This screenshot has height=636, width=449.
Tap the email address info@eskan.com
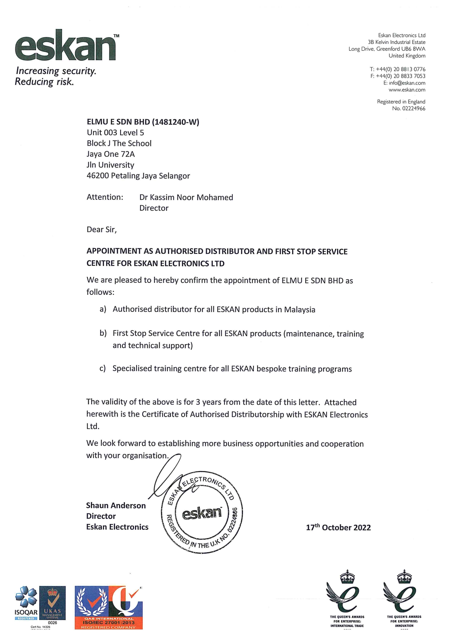(407, 83)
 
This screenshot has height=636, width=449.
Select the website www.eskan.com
(407, 90)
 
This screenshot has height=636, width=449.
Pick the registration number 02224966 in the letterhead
(414, 108)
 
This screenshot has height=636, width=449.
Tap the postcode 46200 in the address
(97, 176)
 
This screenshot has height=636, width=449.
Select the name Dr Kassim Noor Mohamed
(186, 198)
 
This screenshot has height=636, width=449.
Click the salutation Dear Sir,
(101, 230)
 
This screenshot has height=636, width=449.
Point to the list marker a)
(103, 309)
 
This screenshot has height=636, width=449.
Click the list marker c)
(102, 369)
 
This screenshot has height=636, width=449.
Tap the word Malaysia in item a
(299, 310)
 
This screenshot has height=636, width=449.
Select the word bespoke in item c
(271, 369)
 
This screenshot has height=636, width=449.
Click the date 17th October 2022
(338, 528)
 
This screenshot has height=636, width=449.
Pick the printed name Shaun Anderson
(116, 505)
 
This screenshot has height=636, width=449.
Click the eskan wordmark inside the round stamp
(202, 513)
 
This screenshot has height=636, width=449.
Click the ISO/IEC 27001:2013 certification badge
(109, 607)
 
